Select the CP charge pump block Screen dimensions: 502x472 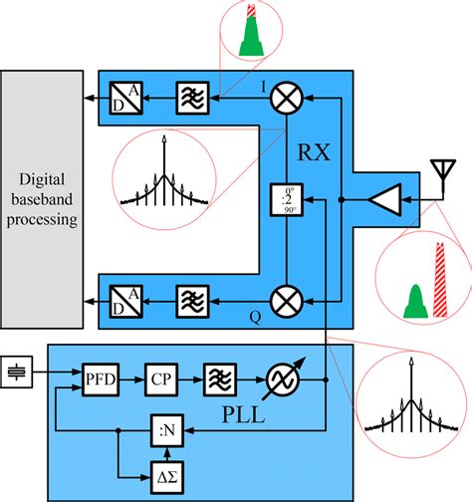click(x=160, y=378)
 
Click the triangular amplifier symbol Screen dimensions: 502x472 click(x=383, y=200)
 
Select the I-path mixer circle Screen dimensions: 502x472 click(x=288, y=96)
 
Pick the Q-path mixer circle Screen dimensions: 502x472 click(x=288, y=298)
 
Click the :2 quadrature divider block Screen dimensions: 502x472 click(x=287, y=200)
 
